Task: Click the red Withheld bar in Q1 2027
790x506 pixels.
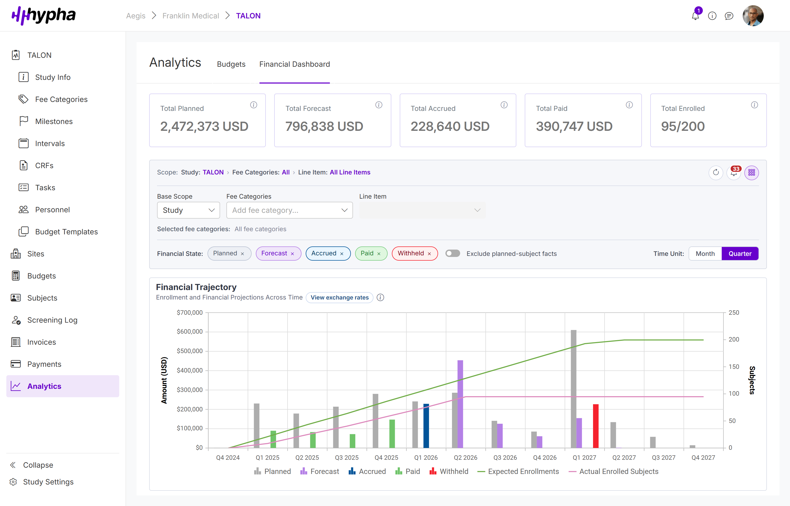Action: pos(596,426)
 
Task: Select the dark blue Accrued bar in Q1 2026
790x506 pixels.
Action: pos(426,426)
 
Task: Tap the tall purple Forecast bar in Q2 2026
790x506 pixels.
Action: pos(460,404)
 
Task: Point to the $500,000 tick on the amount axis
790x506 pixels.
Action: pos(190,351)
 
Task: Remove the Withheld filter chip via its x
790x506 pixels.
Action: pos(429,254)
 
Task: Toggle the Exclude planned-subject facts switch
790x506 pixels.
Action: pos(452,253)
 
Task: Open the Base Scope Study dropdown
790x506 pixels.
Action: pos(188,210)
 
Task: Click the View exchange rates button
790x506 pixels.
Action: pos(339,297)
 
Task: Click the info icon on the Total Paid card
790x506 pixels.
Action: pos(629,105)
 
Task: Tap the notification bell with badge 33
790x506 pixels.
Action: pos(734,173)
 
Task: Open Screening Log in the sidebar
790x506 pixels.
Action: pos(52,320)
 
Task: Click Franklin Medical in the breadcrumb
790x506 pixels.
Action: pos(190,16)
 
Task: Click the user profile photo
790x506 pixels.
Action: pos(753,16)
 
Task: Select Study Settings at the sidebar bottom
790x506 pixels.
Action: pos(48,482)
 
